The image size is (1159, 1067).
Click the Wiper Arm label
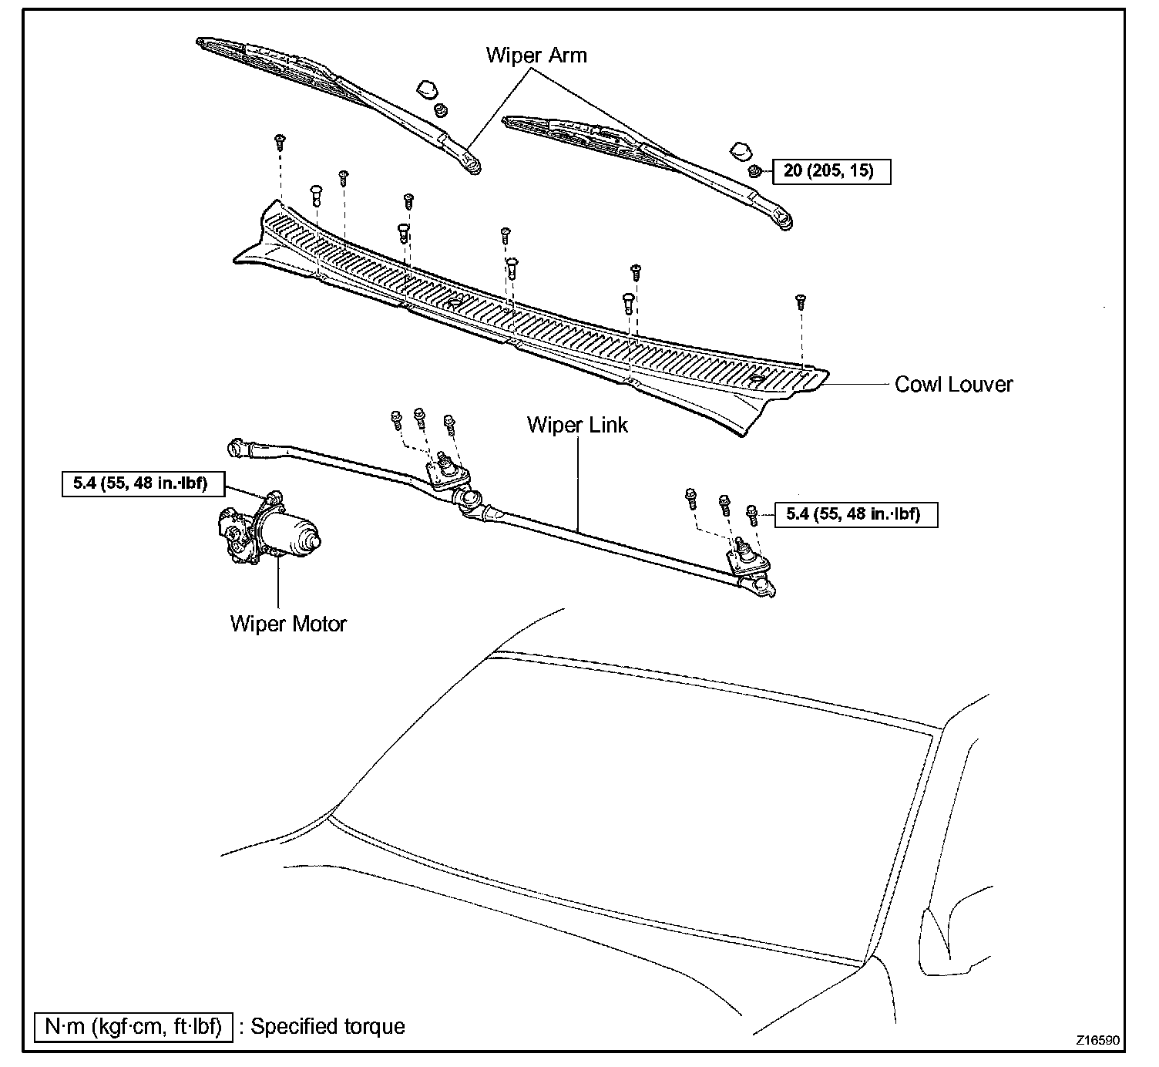536,56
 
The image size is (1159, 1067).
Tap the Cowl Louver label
953,384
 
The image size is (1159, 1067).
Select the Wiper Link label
577,425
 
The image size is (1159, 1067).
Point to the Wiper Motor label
288,623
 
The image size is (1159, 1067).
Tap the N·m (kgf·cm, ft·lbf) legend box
133,1026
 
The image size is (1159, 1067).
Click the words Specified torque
328,1026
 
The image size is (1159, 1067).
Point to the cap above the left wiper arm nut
425,91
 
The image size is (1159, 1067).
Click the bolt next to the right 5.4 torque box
753,514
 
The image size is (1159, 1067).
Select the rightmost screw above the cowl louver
801,300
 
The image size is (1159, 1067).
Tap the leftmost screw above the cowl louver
280,141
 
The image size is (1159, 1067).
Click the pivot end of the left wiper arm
472,164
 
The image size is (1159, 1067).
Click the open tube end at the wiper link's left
234,446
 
